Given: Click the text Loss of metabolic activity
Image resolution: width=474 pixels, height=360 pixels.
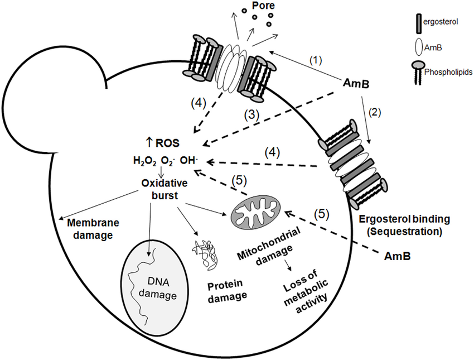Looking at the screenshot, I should point(303,290).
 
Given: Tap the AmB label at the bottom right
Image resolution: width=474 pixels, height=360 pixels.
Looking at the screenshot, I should point(399,256).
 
